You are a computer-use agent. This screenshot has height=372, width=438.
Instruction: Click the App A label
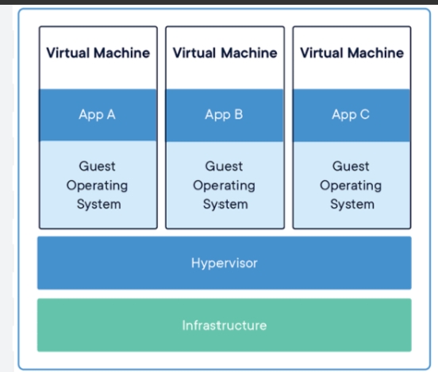point(98,115)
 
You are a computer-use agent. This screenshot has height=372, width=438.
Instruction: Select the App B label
point(224,115)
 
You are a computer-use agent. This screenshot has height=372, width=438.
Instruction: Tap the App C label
point(351,115)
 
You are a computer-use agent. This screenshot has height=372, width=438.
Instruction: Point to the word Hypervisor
point(225,263)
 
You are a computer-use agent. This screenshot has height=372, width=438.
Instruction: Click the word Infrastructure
point(225,325)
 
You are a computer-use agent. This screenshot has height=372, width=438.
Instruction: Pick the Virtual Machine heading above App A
point(98,53)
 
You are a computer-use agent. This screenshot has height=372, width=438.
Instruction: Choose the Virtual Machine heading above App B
point(225,53)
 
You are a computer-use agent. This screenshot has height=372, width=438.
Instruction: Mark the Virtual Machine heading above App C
point(352,53)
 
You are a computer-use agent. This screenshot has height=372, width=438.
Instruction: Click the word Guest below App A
point(98,167)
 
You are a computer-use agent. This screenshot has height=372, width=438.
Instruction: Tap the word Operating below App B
point(224,186)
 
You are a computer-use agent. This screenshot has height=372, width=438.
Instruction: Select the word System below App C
point(352,204)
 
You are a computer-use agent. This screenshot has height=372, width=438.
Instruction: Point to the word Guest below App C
point(351,167)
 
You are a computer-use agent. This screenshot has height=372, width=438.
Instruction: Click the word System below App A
point(99,204)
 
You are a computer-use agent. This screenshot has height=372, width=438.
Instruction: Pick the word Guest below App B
point(224,167)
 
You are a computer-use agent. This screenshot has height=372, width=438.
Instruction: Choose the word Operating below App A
point(98,186)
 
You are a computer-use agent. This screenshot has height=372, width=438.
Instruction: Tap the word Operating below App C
point(351,186)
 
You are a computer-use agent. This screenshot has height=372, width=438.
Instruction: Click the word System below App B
point(225,204)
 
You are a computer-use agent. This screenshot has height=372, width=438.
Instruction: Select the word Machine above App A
point(122,53)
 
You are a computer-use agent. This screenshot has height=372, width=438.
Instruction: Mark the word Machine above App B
point(249,53)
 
